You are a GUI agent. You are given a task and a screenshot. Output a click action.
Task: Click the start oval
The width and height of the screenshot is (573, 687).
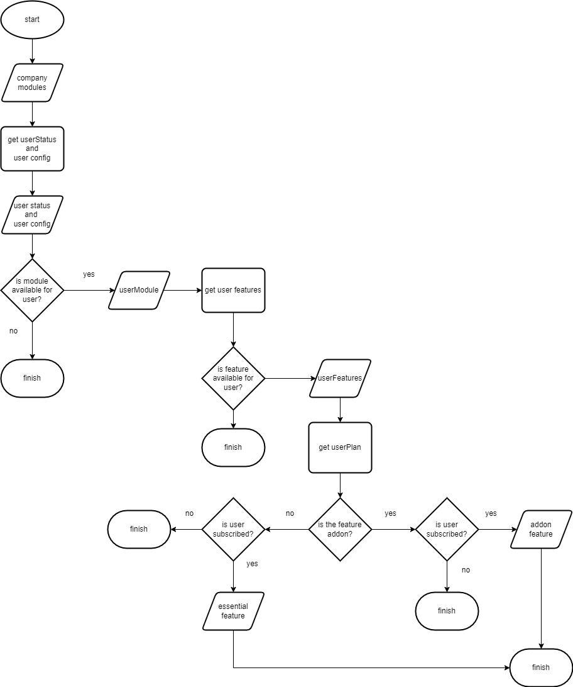click(32, 20)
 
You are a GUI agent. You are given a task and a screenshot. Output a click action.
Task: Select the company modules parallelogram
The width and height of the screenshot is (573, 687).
click(32, 82)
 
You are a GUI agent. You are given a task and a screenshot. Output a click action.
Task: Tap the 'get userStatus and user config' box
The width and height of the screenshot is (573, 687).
click(32, 148)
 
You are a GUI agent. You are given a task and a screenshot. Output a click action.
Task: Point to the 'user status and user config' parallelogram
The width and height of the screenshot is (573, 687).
click(32, 215)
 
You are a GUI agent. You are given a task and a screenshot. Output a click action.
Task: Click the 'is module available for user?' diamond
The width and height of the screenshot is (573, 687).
click(32, 290)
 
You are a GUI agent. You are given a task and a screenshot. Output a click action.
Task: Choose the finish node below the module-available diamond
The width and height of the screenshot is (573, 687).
click(32, 378)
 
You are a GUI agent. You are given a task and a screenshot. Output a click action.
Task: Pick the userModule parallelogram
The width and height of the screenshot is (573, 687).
click(139, 290)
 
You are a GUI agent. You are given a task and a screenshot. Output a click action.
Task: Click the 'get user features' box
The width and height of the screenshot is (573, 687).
click(233, 290)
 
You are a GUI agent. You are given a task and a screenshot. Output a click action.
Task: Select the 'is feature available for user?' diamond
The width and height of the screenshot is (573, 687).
click(233, 378)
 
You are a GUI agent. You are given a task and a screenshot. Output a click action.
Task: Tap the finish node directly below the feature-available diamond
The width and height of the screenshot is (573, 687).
click(233, 447)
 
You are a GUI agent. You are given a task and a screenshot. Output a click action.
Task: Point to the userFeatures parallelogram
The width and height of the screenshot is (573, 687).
click(340, 378)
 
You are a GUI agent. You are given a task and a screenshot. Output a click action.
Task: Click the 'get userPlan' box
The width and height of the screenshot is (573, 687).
click(340, 447)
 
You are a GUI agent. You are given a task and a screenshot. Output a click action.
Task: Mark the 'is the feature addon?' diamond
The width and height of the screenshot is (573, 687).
click(340, 529)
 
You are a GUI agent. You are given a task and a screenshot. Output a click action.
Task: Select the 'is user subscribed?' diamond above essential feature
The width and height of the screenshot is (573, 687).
click(233, 529)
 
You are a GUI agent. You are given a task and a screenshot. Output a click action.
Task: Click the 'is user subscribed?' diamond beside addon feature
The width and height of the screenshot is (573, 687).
click(447, 529)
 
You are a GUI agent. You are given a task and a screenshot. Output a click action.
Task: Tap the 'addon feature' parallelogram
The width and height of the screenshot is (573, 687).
click(541, 529)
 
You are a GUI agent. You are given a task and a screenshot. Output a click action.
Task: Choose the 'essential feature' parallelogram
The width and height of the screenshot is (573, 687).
click(233, 611)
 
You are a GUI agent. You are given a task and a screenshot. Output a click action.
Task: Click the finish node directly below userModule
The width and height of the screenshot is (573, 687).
click(139, 529)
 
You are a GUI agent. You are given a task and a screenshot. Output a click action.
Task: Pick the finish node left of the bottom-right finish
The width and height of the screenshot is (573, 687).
click(447, 611)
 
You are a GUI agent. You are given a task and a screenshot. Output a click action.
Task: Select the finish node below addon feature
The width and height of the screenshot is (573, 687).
click(541, 667)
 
